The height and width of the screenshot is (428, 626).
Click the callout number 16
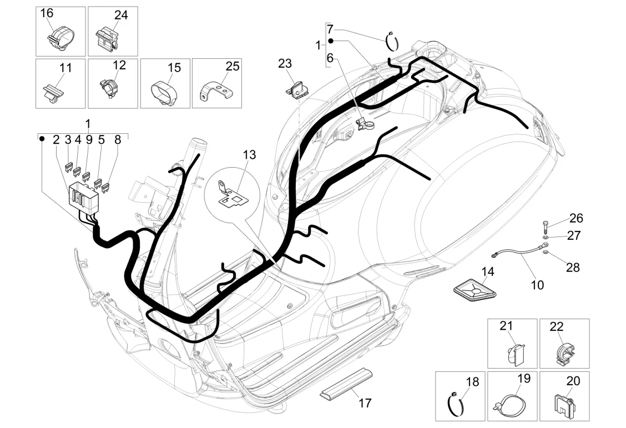pos(47,13)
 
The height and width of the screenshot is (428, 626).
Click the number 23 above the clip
pos(285,63)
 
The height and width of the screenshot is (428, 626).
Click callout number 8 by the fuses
pos(118,140)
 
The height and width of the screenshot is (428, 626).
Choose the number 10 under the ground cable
pos(537,285)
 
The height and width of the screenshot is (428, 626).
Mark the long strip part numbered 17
pos(346,383)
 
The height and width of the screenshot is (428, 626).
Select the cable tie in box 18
pos(456,403)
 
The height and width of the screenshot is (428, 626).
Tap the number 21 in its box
pos(506,326)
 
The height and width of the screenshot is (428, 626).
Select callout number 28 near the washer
pos(573,268)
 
